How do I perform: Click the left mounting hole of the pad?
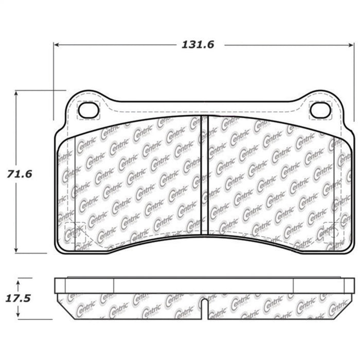click(x=88, y=110)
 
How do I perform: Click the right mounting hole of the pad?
click(x=320, y=110)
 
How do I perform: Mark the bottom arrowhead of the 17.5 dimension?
click(x=19, y=314)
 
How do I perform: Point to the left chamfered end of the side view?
click(x=60, y=301)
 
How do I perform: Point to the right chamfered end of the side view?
click(x=349, y=301)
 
